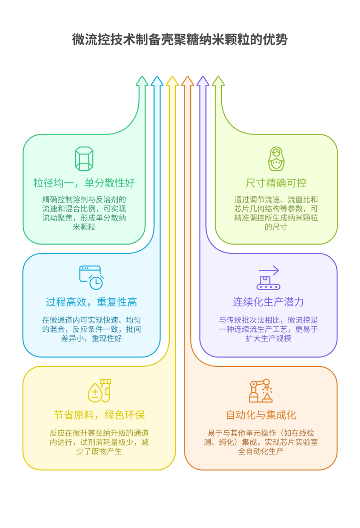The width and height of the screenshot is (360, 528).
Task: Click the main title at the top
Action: click(x=180, y=39)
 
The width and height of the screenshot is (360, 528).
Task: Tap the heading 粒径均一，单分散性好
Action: click(x=84, y=183)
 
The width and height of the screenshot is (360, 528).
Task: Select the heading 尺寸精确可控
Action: click(x=276, y=183)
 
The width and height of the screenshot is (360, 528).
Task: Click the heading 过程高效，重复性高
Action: click(x=91, y=302)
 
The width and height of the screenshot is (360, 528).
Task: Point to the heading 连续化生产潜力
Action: click(x=268, y=302)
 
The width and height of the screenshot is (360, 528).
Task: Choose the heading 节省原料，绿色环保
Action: click(x=99, y=415)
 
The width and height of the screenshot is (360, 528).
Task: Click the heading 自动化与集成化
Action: click(x=260, y=415)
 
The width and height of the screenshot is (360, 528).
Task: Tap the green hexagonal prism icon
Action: click(x=84, y=159)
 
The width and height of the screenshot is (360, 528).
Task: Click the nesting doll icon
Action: click(x=276, y=159)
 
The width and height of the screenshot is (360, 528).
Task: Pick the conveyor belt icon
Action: click(x=268, y=278)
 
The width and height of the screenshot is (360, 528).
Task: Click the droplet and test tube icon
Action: click(x=100, y=390)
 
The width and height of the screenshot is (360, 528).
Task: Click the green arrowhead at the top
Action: click(x=142, y=81)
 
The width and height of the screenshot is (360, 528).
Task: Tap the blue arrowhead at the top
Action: click(x=157, y=81)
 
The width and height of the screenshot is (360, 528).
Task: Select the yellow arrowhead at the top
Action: click(x=172, y=81)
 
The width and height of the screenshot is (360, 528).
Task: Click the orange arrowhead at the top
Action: click(x=187, y=81)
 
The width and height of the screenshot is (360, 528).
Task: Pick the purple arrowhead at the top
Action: click(x=203, y=81)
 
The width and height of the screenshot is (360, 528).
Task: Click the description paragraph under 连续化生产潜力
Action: click(x=268, y=329)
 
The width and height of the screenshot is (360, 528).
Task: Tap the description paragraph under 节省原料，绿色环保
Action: click(x=99, y=442)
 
